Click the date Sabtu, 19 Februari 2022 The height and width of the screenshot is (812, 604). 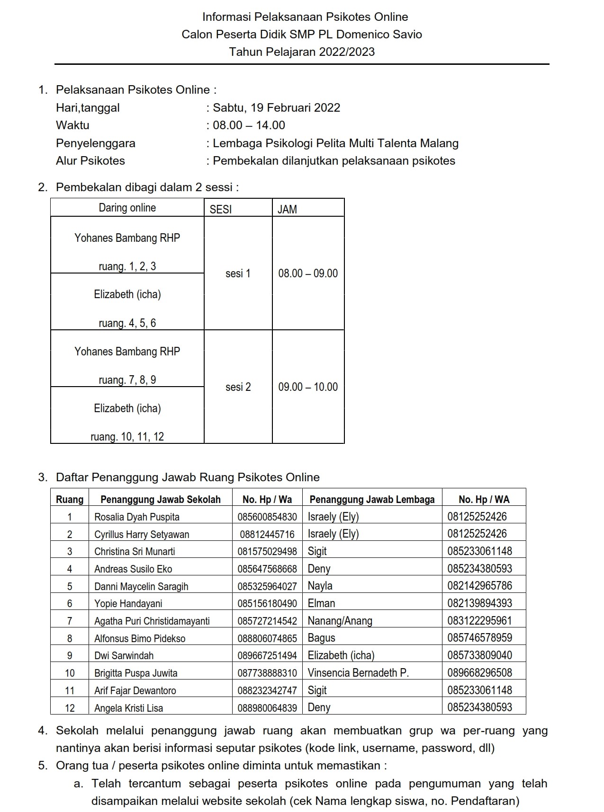point(276,107)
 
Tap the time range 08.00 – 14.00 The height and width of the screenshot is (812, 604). point(249,125)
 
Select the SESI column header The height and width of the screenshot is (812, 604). point(221,209)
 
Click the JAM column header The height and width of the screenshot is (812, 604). point(288,209)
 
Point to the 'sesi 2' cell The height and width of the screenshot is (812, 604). point(238,387)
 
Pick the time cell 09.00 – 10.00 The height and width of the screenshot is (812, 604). point(308,387)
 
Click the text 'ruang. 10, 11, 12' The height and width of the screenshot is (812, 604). point(127,437)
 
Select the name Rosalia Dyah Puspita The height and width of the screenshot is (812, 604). point(137,517)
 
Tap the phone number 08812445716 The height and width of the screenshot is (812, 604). point(267,534)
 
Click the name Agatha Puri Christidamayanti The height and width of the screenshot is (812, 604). point(152,621)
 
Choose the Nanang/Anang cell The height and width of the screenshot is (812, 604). point(340,621)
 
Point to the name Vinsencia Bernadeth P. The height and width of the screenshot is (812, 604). point(358,673)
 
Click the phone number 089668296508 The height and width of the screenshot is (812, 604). point(480,673)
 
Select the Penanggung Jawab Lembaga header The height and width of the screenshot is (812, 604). point(372,500)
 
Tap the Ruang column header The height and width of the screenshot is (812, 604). point(70,500)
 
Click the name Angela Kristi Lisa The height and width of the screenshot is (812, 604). point(129,708)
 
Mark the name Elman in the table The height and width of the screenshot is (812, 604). point(322,603)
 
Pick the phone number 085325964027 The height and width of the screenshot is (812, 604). point(267,586)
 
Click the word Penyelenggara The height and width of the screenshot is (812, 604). point(96,143)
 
